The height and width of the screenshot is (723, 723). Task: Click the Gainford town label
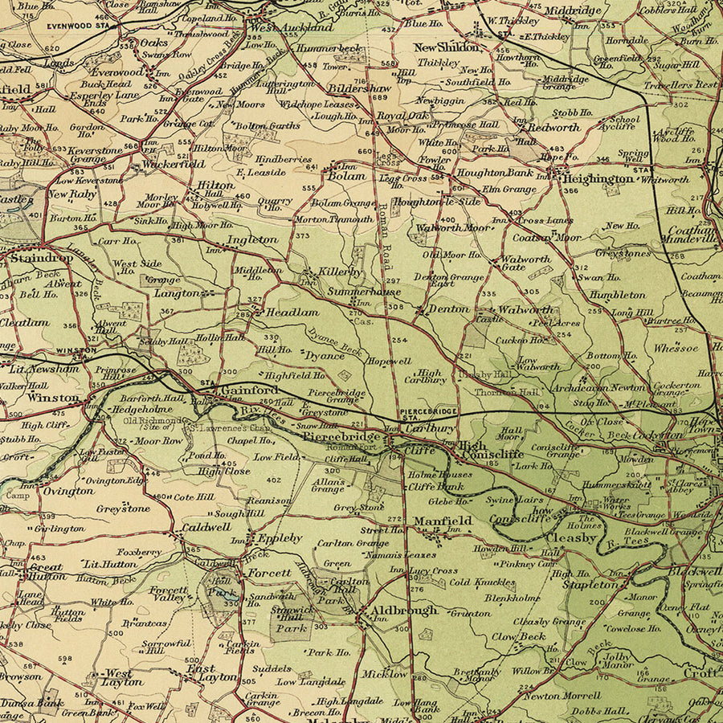pyautogui.click(x=249, y=390)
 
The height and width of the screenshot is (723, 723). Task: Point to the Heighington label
pyautogui.click(x=598, y=178)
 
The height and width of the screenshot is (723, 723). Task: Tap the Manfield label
pyautogui.click(x=442, y=521)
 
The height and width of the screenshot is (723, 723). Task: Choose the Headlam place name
pyautogui.click(x=292, y=312)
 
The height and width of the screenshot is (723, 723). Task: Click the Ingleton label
pyautogui.click(x=252, y=239)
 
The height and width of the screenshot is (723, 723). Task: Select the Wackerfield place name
pyautogui.click(x=175, y=164)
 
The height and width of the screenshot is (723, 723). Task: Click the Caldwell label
pyautogui.click(x=206, y=527)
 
